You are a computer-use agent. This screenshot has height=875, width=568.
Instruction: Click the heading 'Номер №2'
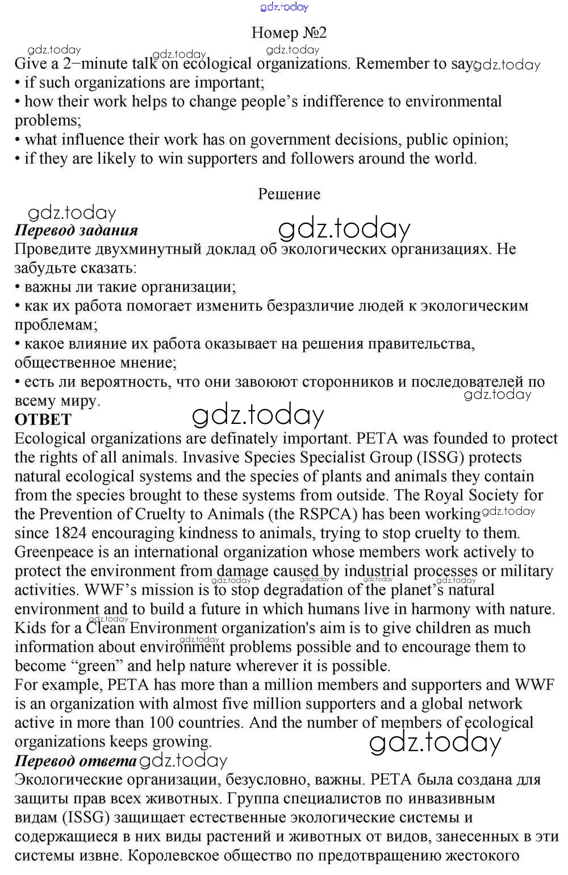tap(289, 33)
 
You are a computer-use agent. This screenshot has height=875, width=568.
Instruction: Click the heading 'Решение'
tap(289, 194)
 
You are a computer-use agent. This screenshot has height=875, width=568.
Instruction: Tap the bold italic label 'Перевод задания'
tap(76, 230)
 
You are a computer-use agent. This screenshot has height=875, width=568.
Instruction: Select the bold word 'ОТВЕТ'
tap(43, 420)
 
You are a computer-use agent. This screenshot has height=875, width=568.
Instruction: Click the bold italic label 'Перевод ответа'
tap(76, 761)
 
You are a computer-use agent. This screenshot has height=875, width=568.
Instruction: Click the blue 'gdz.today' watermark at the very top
tap(284, 7)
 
